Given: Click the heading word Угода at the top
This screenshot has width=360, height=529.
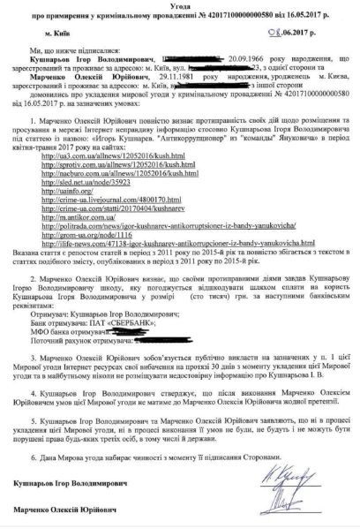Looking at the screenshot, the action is [179, 7].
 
